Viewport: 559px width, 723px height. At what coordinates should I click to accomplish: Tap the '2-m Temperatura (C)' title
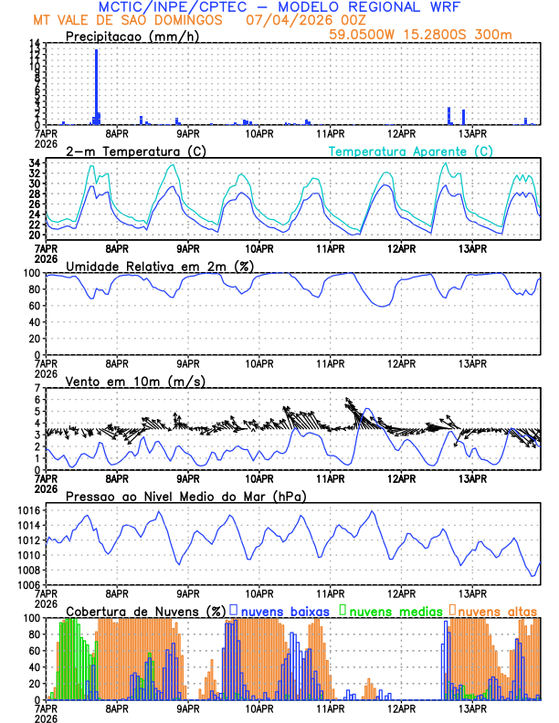[128, 151]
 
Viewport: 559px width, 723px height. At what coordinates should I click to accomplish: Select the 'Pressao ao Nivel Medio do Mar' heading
[185, 496]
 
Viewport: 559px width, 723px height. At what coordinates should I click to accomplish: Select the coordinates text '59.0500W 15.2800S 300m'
[433, 35]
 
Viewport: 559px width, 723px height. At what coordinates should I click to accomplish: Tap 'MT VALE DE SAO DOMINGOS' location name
[127, 18]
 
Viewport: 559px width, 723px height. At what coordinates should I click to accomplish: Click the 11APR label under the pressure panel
[330, 592]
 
